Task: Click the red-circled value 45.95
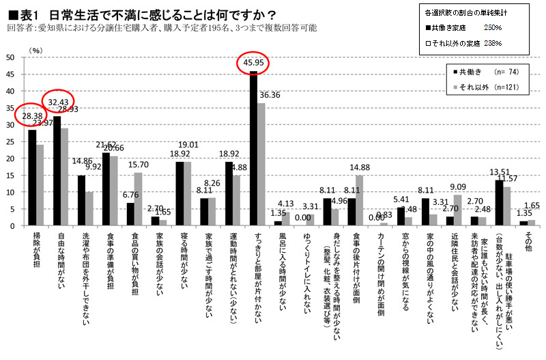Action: [253, 64]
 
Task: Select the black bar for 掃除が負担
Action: [32, 178]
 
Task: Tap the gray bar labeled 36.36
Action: [261, 164]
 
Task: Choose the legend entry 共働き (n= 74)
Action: [475, 72]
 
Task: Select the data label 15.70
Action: [140, 165]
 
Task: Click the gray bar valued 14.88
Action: [360, 200]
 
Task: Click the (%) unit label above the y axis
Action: [35, 49]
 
